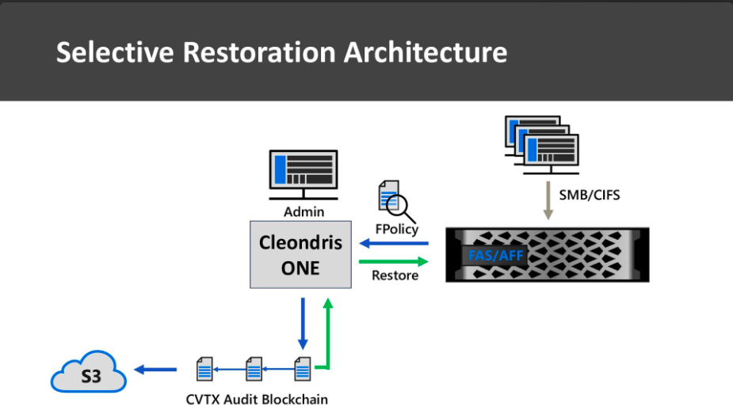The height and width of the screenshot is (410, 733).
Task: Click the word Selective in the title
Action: coord(115,51)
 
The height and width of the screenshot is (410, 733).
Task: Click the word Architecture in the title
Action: coord(426,51)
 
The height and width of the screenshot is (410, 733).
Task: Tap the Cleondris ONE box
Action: coord(300,255)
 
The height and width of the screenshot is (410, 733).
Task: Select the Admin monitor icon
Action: coord(304,175)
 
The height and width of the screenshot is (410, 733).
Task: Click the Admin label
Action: coord(304,212)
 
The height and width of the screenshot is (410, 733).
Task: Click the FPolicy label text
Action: coord(397,230)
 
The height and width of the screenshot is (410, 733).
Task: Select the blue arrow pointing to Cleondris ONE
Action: coord(394,243)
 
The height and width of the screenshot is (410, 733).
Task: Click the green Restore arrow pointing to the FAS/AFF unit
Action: coord(394,261)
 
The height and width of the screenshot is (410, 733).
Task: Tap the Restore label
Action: coord(395,275)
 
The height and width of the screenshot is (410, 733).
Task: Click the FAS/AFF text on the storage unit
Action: coord(495,256)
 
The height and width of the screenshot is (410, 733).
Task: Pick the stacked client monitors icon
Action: coord(542,145)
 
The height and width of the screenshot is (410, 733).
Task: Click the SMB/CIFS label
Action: coord(590,195)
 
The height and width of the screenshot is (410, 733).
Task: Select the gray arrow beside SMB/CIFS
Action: coord(548,200)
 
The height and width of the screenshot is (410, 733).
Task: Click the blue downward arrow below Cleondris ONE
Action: coord(303,324)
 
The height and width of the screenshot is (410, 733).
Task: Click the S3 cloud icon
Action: coord(88,372)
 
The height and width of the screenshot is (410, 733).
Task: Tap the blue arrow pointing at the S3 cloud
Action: coord(155,370)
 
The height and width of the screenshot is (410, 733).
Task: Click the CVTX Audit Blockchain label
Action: coord(257,400)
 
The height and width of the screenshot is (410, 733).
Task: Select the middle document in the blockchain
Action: coord(254,369)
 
